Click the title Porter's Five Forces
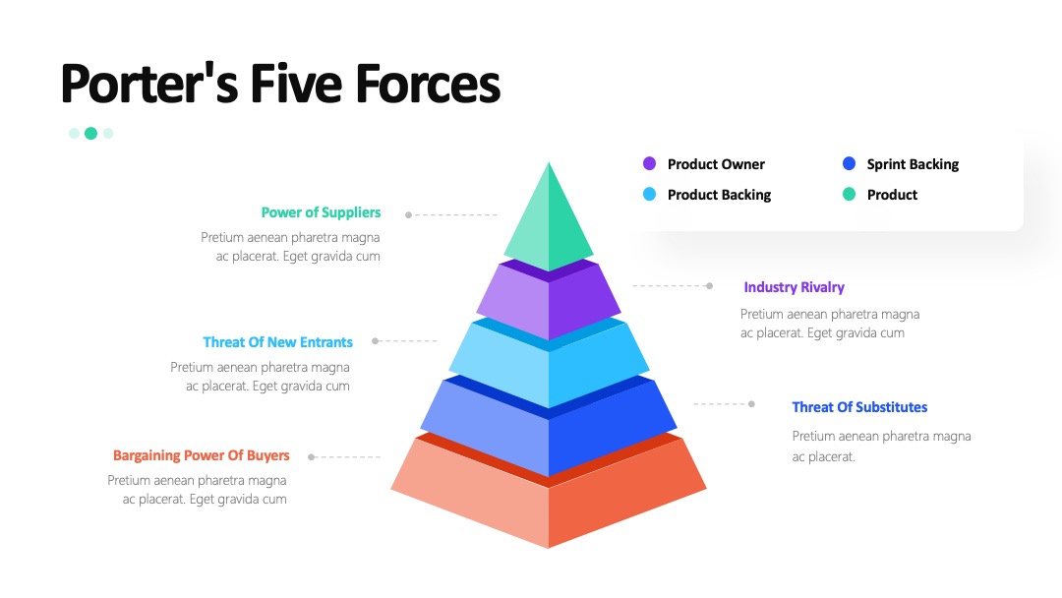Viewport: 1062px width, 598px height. (x=280, y=84)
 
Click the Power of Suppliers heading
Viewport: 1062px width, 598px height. (x=321, y=212)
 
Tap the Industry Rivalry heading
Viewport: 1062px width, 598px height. (x=794, y=287)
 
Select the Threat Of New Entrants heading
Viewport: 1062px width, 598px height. (x=277, y=342)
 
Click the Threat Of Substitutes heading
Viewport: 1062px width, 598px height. (x=859, y=407)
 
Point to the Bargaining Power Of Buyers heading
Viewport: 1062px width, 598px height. (x=202, y=455)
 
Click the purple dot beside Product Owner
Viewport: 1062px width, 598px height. (x=649, y=163)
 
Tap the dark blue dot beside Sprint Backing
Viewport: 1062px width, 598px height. (x=849, y=163)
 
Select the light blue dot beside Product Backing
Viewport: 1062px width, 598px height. (x=649, y=195)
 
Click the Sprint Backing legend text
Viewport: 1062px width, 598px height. (x=913, y=164)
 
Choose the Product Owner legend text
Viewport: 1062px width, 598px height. (x=716, y=164)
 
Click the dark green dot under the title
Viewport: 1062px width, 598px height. (x=90, y=134)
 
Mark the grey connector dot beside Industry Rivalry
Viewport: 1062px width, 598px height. (x=709, y=286)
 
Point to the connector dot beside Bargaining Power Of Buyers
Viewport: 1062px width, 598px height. (x=311, y=457)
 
